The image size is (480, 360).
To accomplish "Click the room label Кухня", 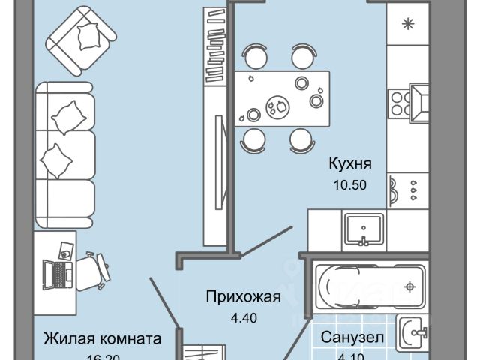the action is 349,164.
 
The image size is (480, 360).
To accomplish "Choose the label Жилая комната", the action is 102,338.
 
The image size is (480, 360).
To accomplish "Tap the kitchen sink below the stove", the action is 364,229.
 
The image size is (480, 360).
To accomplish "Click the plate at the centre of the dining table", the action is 278,106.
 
